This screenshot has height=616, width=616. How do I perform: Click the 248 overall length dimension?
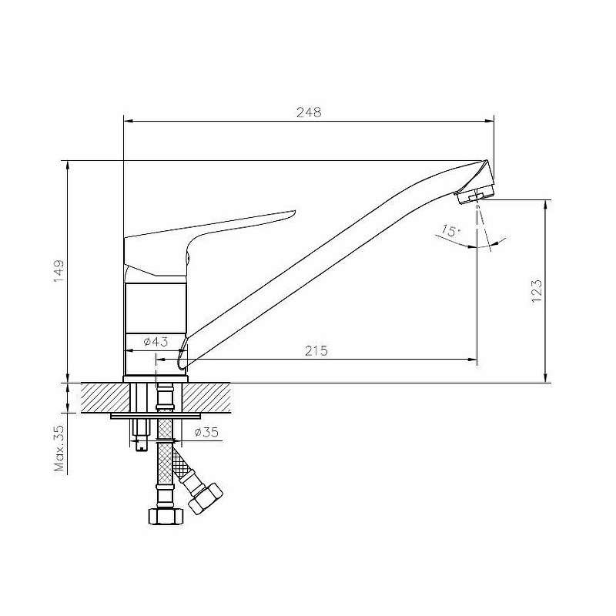tap(309, 112)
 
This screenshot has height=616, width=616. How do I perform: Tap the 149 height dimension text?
tap(59, 271)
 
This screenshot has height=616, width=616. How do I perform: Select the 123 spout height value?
tap(537, 291)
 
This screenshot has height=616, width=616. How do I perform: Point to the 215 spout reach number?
tap(316, 350)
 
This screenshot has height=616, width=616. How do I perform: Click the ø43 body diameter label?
tap(156, 342)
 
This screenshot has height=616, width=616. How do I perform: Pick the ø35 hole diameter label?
tap(206, 433)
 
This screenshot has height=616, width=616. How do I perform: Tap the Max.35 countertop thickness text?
tap(59, 448)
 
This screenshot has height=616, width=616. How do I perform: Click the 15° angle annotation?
tap(450, 230)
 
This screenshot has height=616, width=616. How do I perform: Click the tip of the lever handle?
tap(293, 213)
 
